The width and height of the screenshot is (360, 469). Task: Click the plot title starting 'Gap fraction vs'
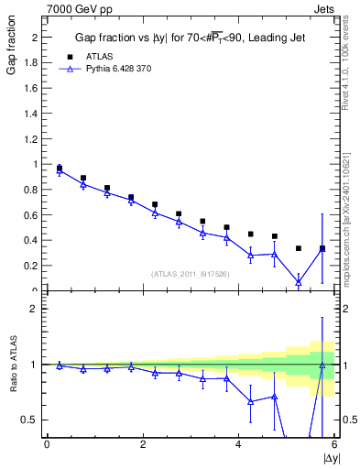tap(190, 38)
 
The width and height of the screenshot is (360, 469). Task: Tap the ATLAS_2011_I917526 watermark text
tap(190, 273)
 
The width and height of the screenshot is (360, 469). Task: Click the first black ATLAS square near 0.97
tap(60, 169)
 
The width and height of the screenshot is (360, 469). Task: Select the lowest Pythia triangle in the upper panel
tap(299, 282)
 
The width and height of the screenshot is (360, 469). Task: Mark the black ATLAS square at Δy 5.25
tap(299, 248)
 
